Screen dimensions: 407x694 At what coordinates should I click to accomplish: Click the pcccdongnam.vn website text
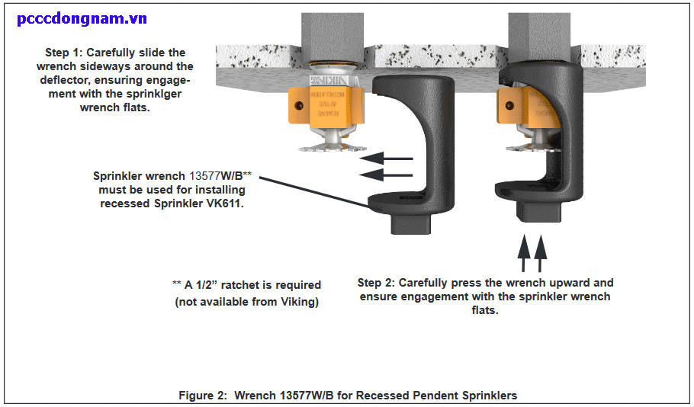(x=82, y=19)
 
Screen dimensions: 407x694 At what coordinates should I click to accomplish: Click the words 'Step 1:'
(x=66, y=53)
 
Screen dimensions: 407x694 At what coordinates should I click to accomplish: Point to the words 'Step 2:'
(x=379, y=283)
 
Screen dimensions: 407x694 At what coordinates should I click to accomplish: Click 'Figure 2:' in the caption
(x=203, y=395)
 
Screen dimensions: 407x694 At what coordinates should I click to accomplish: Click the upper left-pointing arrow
(x=387, y=159)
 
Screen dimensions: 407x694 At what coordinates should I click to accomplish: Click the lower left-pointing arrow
(x=387, y=175)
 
